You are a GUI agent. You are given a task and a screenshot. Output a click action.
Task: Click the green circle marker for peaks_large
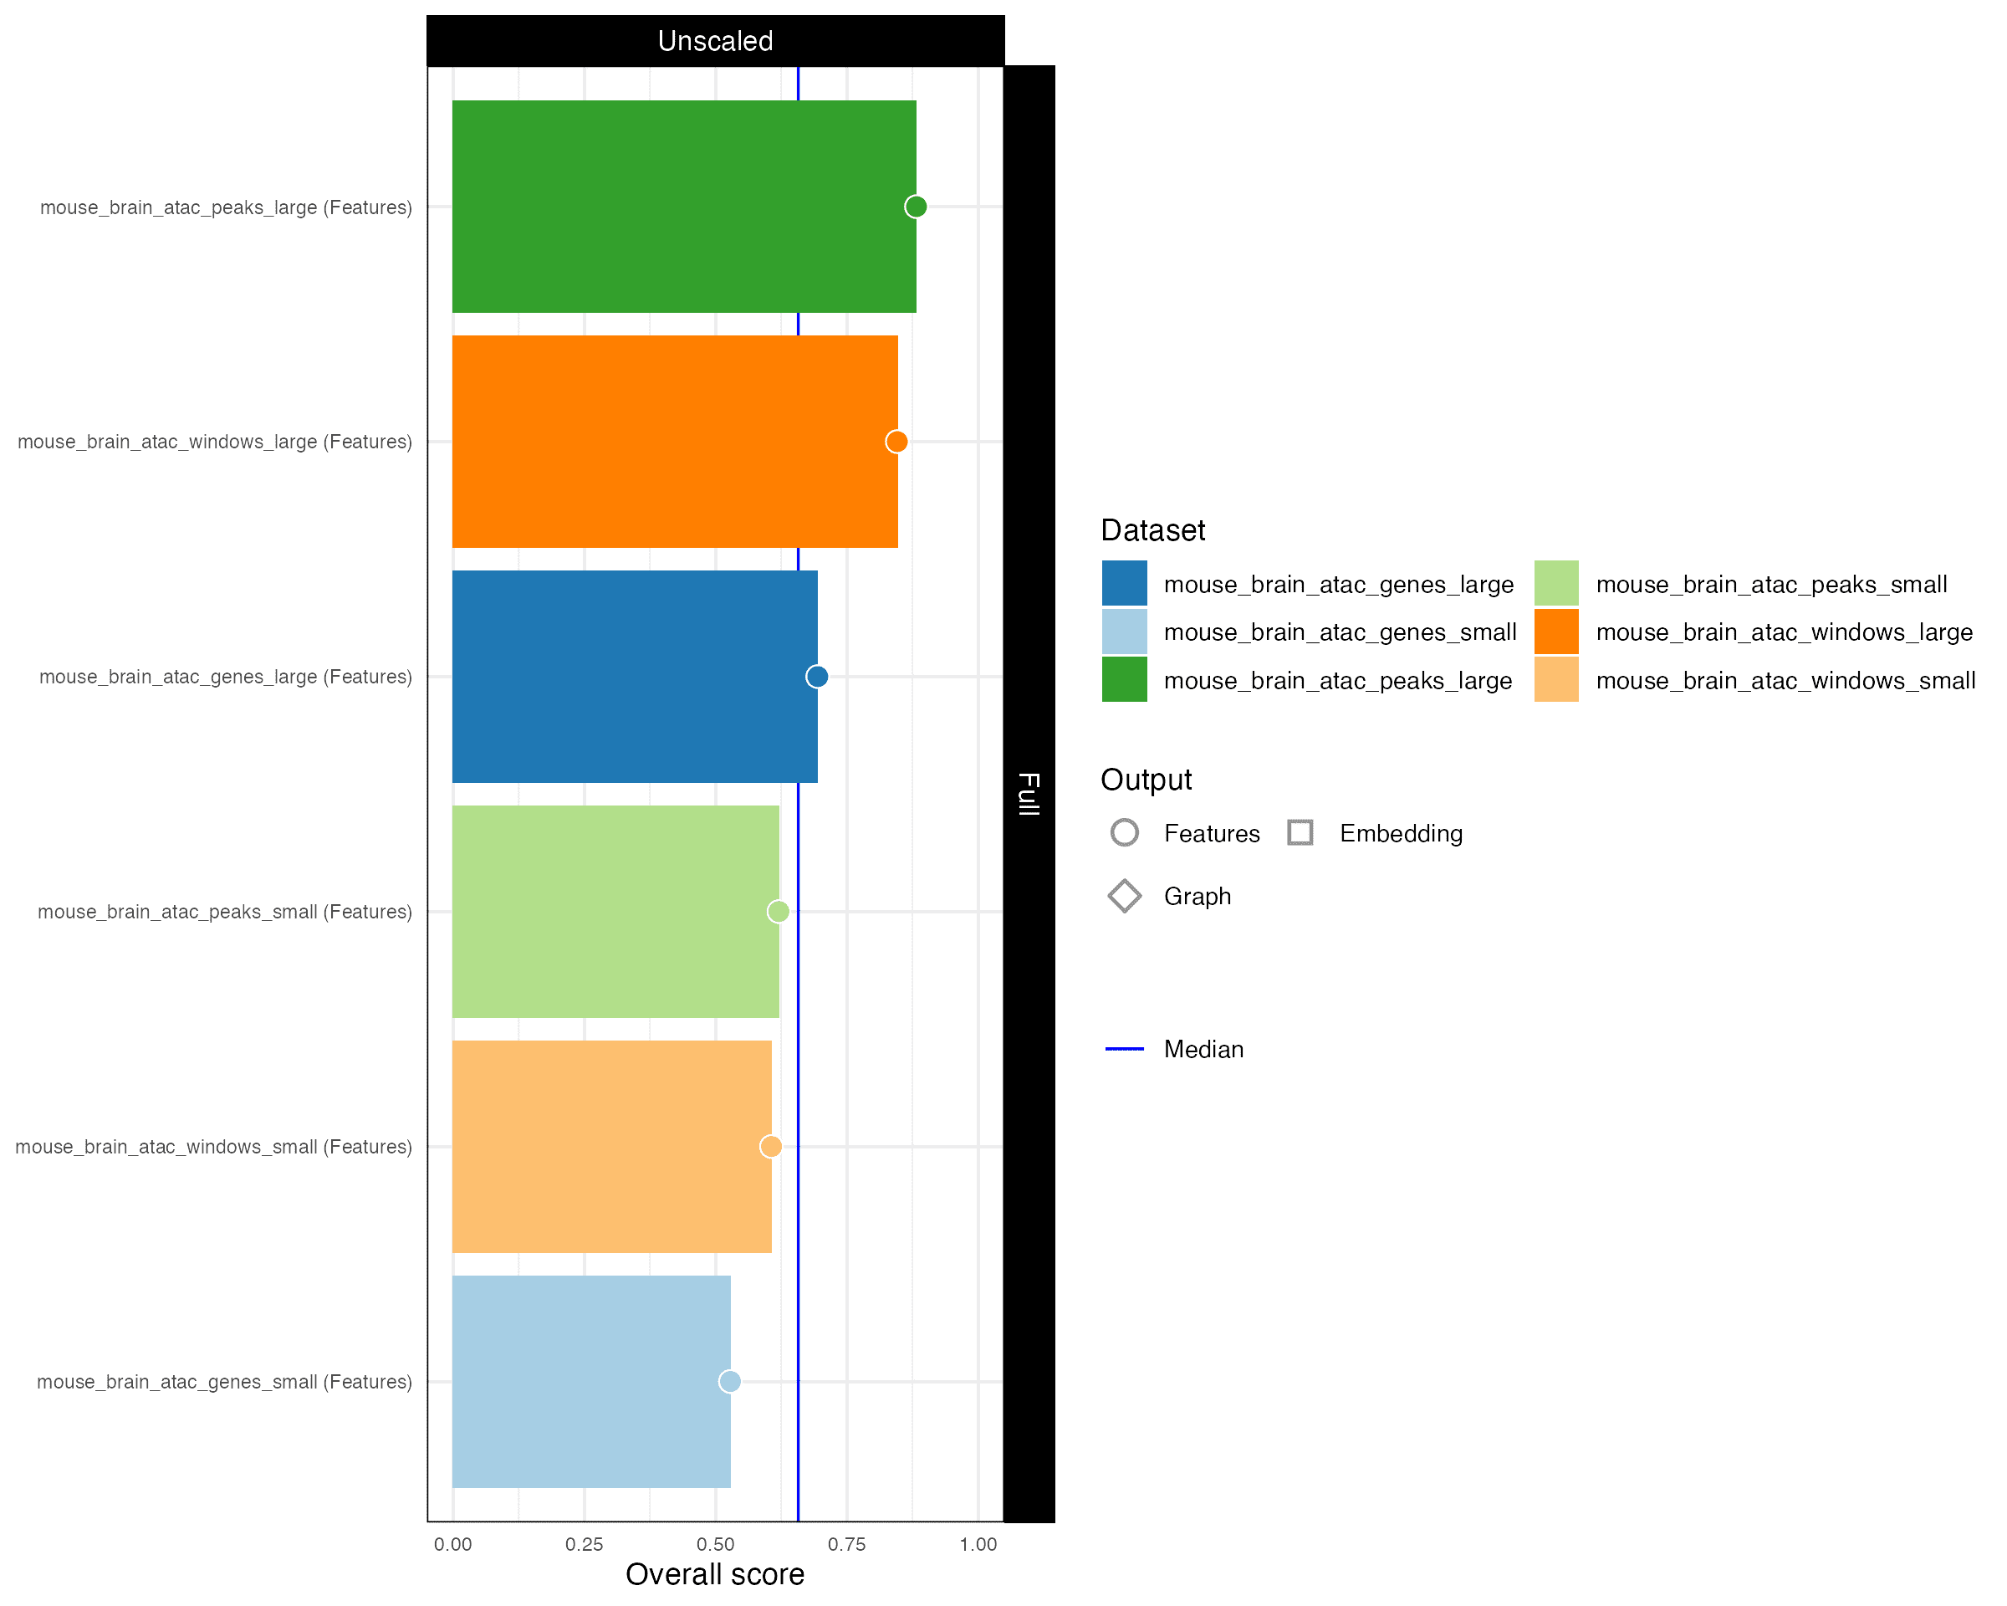coord(916,207)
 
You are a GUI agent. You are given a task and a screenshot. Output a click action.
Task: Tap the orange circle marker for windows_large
coord(896,442)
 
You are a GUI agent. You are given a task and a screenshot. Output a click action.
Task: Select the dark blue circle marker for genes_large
coord(816,677)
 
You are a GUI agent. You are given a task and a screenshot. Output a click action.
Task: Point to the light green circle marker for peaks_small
coord(779,912)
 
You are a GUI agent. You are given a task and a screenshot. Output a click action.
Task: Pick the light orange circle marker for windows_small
coord(771,1146)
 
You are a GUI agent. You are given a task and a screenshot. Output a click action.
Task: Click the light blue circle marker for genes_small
coord(730,1382)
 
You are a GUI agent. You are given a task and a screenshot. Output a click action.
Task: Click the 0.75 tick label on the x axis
coord(846,1545)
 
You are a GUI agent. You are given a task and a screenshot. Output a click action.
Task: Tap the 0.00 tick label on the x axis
coord(452,1545)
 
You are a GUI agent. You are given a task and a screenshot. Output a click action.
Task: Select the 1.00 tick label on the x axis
coord(978,1545)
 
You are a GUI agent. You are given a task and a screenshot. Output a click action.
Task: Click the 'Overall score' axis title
coord(714,1574)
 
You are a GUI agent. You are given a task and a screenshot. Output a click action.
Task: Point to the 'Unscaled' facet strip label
coord(715,41)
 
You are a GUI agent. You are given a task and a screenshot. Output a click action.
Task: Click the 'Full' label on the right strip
coord(1029,793)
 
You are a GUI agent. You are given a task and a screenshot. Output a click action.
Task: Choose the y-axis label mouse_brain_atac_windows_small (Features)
coord(213,1147)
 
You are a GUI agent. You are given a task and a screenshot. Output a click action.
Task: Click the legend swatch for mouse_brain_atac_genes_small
coord(1125,632)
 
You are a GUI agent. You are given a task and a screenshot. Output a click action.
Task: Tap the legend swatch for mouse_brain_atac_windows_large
coord(1556,632)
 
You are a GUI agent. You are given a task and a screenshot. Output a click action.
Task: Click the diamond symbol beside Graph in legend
coord(1125,896)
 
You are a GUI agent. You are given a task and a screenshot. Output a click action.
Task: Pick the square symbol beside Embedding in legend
coord(1300,832)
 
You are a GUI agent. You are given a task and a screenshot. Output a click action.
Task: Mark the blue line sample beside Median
coord(1125,1049)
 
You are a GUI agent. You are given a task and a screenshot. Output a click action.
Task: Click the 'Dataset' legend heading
coord(1152,529)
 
